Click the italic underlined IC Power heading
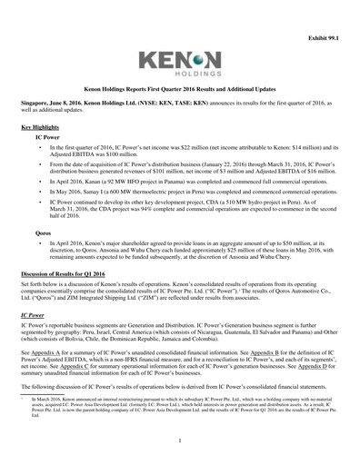(33, 313)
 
